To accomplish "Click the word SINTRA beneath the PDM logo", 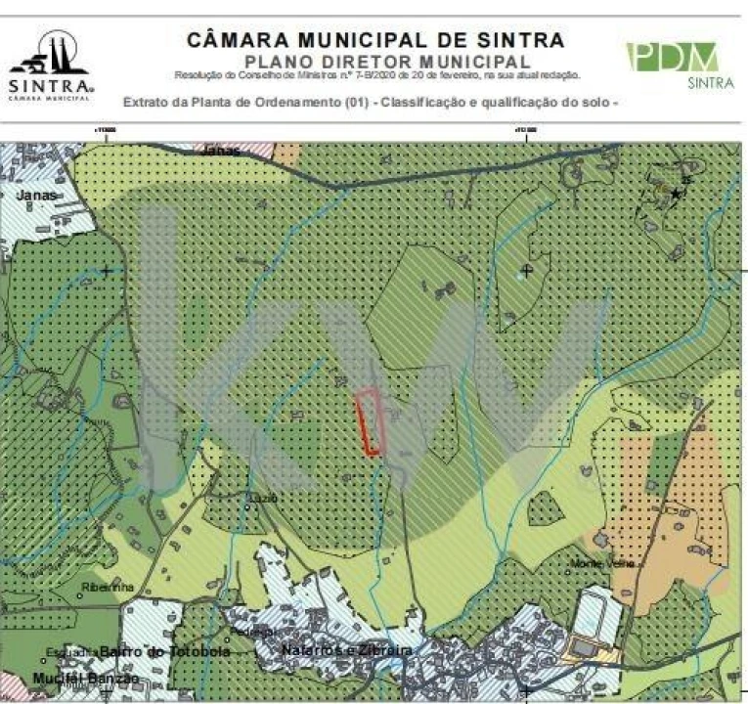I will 710,84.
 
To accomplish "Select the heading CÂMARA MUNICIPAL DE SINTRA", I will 374,40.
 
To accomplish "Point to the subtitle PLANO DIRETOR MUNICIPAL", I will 376,61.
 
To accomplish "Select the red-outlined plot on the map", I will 368,420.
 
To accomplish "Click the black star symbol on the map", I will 675,195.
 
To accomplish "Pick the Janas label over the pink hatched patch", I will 222,151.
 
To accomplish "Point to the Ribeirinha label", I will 108,587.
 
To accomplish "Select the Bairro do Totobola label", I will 164,652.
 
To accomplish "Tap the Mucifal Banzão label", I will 86,678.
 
